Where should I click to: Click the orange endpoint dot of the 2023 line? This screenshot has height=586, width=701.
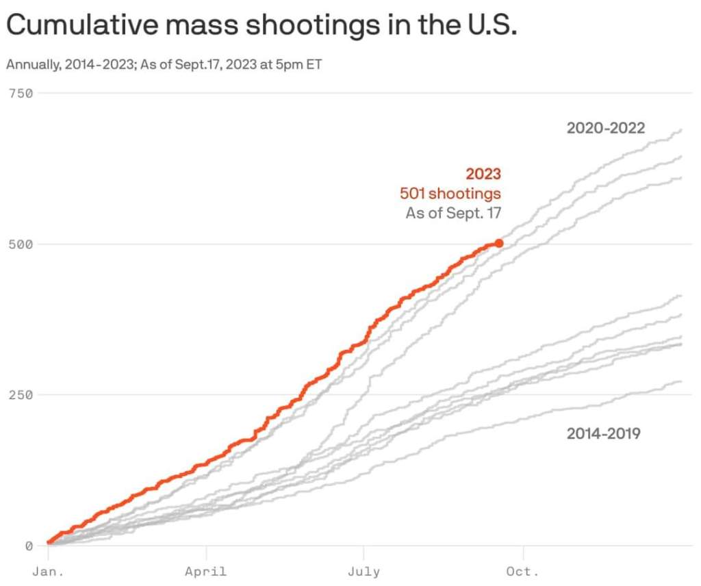click(x=499, y=243)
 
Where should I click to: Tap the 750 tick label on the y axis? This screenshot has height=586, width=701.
click(x=21, y=92)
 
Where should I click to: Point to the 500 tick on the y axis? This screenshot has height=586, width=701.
click(x=21, y=244)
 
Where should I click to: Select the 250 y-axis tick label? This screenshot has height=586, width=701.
click(x=21, y=395)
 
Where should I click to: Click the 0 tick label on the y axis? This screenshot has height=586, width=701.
click(x=29, y=546)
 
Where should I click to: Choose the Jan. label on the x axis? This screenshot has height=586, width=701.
click(x=47, y=572)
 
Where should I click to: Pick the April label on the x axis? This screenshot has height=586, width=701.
click(x=205, y=572)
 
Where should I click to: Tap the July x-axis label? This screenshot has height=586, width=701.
click(x=364, y=572)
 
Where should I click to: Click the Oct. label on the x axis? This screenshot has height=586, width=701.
click(x=523, y=572)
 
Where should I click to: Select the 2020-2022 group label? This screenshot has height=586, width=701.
click(x=606, y=127)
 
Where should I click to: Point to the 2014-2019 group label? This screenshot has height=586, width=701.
click(x=603, y=433)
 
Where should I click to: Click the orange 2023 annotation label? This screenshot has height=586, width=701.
click(x=483, y=174)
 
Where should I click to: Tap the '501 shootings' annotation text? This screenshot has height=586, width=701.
click(x=450, y=194)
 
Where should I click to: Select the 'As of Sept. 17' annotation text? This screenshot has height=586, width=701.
click(x=453, y=213)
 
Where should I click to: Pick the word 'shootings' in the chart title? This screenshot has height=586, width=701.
click(x=312, y=25)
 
